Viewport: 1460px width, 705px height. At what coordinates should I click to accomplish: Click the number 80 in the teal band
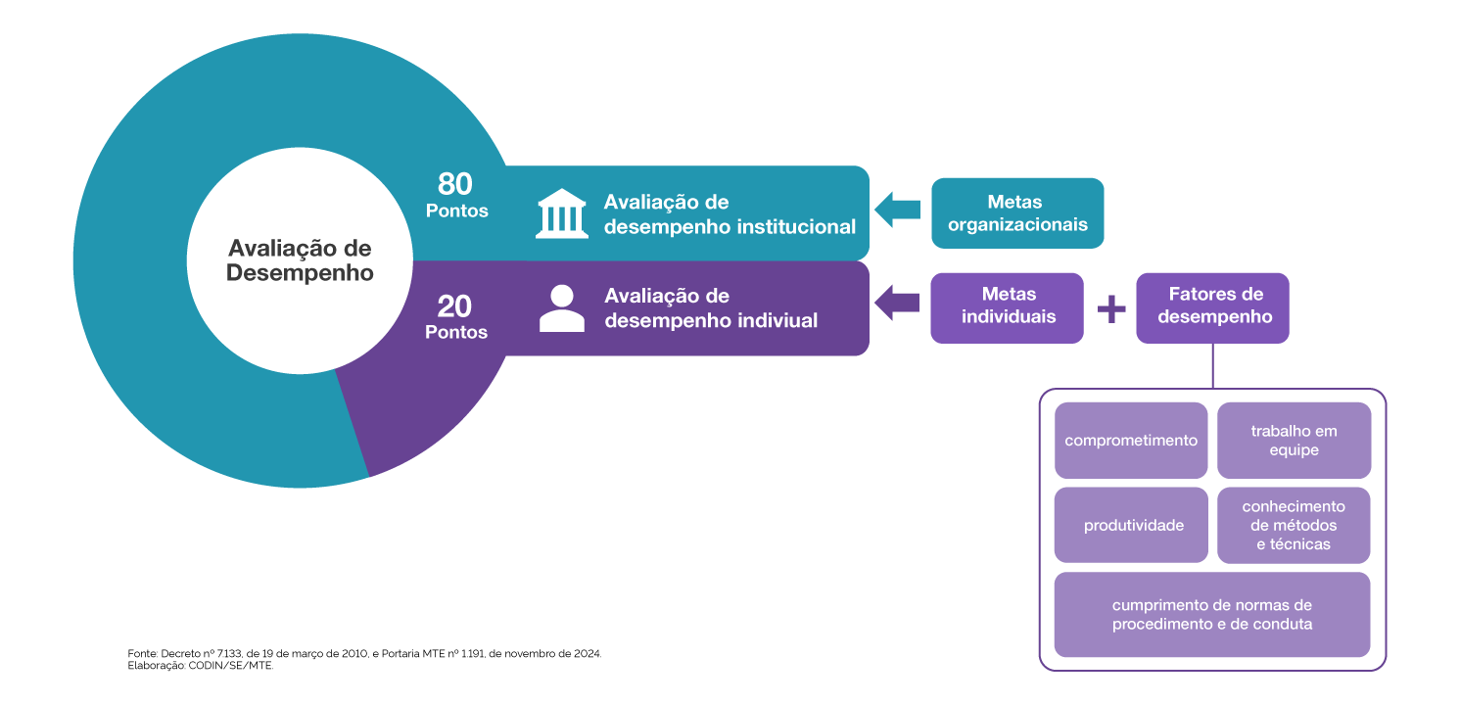click(x=455, y=184)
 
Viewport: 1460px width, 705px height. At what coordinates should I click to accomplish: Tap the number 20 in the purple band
click(x=455, y=306)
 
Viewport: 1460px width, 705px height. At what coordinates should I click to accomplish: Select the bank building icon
click(x=562, y=213)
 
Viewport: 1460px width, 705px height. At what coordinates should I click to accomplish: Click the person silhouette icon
click(x=562, y=308)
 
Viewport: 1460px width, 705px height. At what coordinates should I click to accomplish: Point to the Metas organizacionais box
click(x=1016, y=213)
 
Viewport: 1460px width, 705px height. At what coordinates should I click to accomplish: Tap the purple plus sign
click(x=1110, y=309)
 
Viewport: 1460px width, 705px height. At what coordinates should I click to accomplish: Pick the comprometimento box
click(x=1131, y=441)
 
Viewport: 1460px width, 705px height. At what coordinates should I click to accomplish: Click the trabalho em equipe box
click(x=1294, y=441)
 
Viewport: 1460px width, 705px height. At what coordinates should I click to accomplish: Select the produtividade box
click(x=1131, y=526)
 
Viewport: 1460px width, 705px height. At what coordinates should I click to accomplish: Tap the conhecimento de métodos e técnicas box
click(x=1294, y=526)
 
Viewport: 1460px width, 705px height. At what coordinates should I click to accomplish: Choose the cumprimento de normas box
click(x=1211, y=614)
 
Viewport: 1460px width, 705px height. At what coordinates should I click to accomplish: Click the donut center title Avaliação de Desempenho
click(x=300, y=260)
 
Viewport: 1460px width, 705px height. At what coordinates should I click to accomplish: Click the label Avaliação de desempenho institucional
click(x=730, y=214)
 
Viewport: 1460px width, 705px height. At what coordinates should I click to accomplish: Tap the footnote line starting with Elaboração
click(x=201, y=666)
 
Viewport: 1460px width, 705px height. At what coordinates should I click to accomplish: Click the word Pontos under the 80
click(x=456, y=211)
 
